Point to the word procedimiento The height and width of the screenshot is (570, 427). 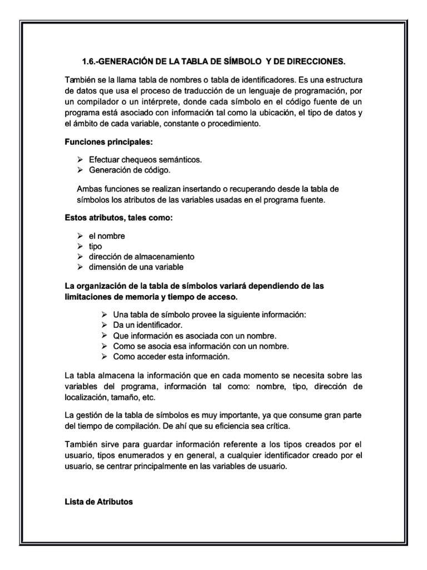(233, 124)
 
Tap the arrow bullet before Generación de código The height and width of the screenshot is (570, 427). (80, 170)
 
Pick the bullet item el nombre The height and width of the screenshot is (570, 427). (107, 236)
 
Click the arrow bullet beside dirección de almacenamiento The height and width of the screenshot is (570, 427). (80, 257)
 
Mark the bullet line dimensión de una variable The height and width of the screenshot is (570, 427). (135, 267)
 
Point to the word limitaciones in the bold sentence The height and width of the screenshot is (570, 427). (89, 297)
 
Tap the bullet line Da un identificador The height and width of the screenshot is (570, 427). (148, 325)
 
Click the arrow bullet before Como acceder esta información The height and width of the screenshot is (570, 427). (106, 356)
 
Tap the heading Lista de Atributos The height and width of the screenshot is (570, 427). (99, 502)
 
